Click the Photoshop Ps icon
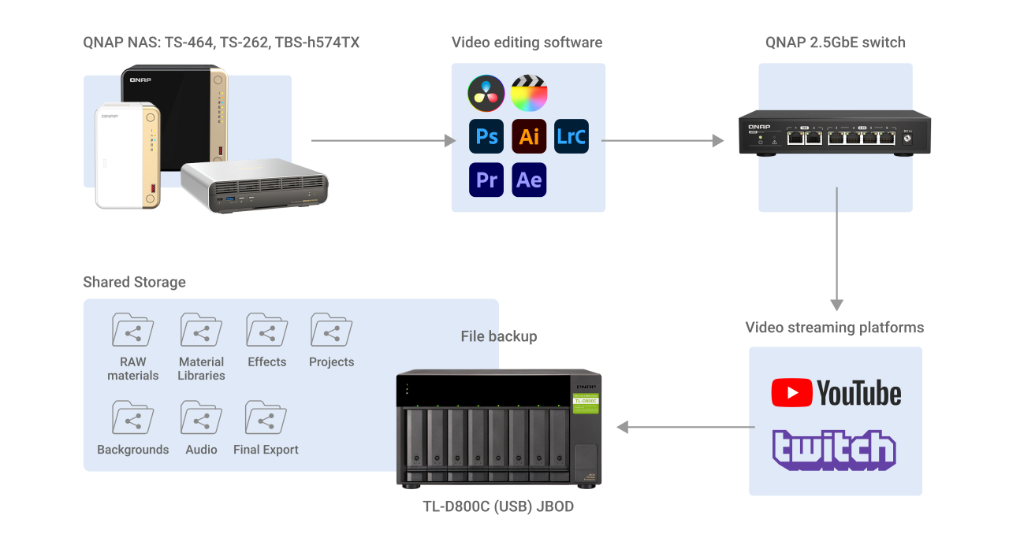coord(486,136)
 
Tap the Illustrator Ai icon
coord(529,136)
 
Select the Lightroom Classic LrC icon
coord(572,136)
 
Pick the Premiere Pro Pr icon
coord(486,180)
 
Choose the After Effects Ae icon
coord(529,180)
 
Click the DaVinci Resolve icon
coord(486,94)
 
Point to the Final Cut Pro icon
coord(529,94)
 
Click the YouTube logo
coord(836,392)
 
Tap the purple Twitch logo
coord(834,450)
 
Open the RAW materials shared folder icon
coord(132,330)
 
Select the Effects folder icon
coord(266,330)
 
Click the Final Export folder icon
coord(266,417)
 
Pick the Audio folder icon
coord(201,417)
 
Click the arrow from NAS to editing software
coord(383,141)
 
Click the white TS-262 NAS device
coord(127,155)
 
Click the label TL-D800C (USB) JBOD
coord(498,507)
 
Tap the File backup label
coord(498,336)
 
